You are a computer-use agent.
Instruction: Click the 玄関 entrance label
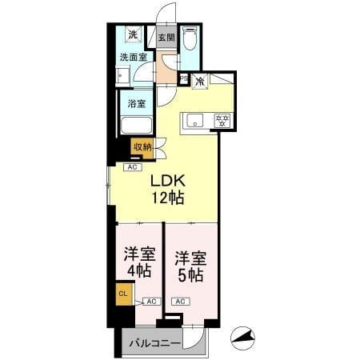click(x=166, y=37)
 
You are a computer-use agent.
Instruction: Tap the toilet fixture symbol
click(x=190, y=38)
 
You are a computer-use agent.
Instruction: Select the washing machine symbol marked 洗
click(x=133, y=34)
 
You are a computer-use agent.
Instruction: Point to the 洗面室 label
click(x=134, y=57)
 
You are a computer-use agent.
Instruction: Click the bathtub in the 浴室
click(x=136, y=125)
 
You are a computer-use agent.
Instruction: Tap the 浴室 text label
click(x=137, y=103)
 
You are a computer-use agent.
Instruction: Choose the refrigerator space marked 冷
click(x=200, y=81)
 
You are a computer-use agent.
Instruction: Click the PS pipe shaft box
click(x=184, y=78)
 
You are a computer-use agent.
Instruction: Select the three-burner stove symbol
click(x=222, y=121)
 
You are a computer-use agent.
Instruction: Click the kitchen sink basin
click(x=195, y=121)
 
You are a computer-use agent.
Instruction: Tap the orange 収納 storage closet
click(x=142, y=148)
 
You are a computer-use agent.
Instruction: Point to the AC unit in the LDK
click(x=133, y=167)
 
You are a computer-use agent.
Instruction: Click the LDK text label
click(x=168, y=181)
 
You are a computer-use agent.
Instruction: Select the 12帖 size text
click(x=168, y=198)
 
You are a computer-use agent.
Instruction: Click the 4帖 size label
click(x=139, y=270)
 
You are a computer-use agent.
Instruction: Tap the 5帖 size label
click(x=190, y=275)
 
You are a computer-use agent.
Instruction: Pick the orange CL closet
click(x=124, y=294)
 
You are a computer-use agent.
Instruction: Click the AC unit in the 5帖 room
click(x=180, y=302)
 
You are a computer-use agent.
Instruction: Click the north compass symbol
click(x=242, y=338)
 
